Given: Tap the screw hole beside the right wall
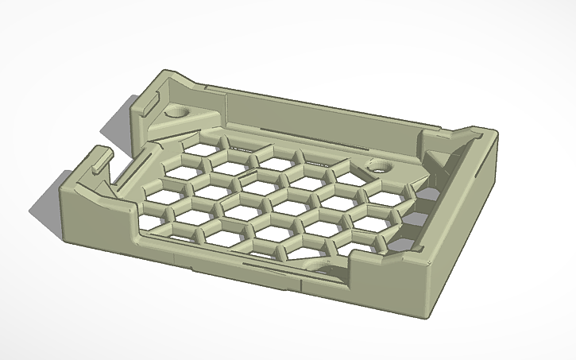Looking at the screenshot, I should click(378, 167).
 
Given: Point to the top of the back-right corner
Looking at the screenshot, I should click(486, 131).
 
